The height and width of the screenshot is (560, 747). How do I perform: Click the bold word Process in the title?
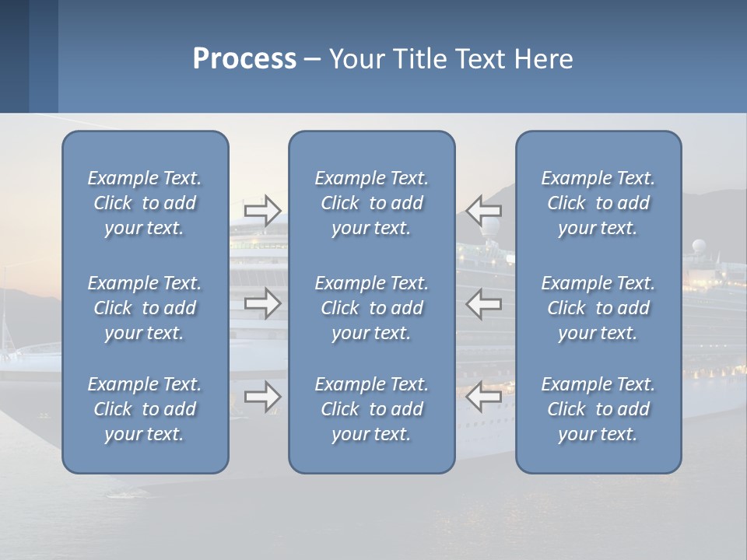tap(244, 59)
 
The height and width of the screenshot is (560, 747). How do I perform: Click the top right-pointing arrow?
tap(263, 211)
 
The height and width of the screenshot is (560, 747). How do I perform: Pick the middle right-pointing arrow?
tap(263, 303)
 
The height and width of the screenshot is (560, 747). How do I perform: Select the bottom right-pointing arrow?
tap(263, 397)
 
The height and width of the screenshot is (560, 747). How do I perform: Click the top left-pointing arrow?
tap(484, 211)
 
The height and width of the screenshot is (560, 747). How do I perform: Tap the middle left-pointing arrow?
tap(484, 303)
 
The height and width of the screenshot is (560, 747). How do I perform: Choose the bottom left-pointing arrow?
tap(484, 397)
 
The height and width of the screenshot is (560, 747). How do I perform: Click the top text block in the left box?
tap(145, 203)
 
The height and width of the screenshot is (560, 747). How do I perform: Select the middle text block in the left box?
tap(145, 308)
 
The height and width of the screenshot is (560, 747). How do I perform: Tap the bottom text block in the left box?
tap(145, 409)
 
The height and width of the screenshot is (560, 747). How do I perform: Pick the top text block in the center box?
tap(371, 203)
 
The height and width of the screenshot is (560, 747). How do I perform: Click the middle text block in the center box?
tap(371, 308)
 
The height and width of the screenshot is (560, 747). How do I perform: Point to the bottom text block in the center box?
tap(371, 409)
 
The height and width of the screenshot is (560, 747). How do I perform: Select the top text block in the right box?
tap(598, 203)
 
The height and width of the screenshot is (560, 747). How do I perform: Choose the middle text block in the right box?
tap(598, 308)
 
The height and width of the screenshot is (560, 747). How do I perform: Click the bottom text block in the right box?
tap(598, 409)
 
